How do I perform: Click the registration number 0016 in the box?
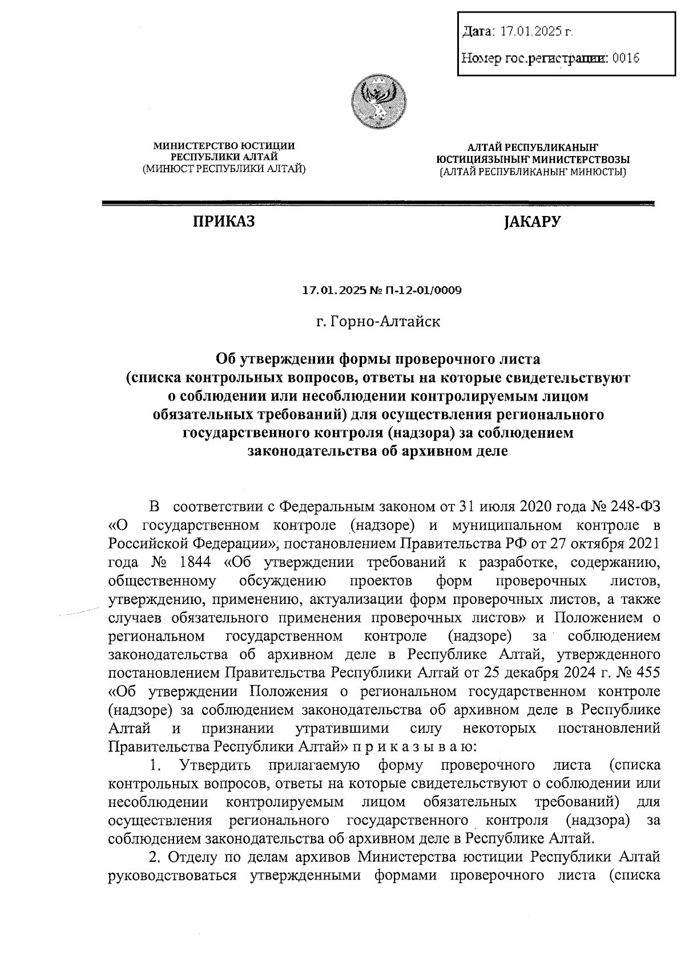(x=625, y=58)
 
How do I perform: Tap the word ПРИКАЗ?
(x=223, y=221)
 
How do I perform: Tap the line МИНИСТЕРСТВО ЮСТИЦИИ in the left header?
(x=224, y=146)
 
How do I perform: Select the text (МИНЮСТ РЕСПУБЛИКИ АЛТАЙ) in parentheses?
(x=224, y=168)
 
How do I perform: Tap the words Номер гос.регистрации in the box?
(x=534, y=58)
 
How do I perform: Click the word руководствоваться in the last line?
(x=172, y=876)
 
